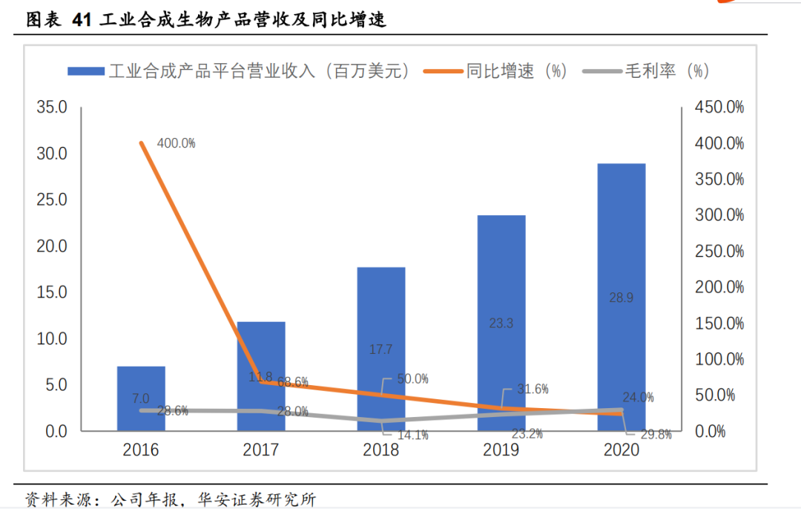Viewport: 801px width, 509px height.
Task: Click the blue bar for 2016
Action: coord(141,398)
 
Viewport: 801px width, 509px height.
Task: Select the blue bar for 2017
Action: coord(261,376)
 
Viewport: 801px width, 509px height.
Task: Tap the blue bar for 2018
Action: coord(381,349)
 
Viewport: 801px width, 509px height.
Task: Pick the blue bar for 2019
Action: coord(501,323)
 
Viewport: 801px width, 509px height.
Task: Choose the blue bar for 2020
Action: coord(622,297)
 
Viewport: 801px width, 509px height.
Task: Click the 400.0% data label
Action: coord(177,143)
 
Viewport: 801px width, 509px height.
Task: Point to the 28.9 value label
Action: coord(621,298)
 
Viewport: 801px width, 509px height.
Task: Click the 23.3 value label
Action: coord(501,324)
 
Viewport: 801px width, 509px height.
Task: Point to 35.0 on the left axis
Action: coord(52,108)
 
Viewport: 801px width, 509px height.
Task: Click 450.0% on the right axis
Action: coord(719,108)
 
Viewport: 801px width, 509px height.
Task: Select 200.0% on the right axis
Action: coord(719,287)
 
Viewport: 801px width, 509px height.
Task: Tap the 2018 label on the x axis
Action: coord(381,450)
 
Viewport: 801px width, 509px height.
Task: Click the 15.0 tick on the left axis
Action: coord(52,292)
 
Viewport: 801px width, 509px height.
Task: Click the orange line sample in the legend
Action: coord(443,71)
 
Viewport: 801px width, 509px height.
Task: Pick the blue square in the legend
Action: coord(86,71)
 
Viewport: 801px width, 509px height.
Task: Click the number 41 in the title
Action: coord(82,20)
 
